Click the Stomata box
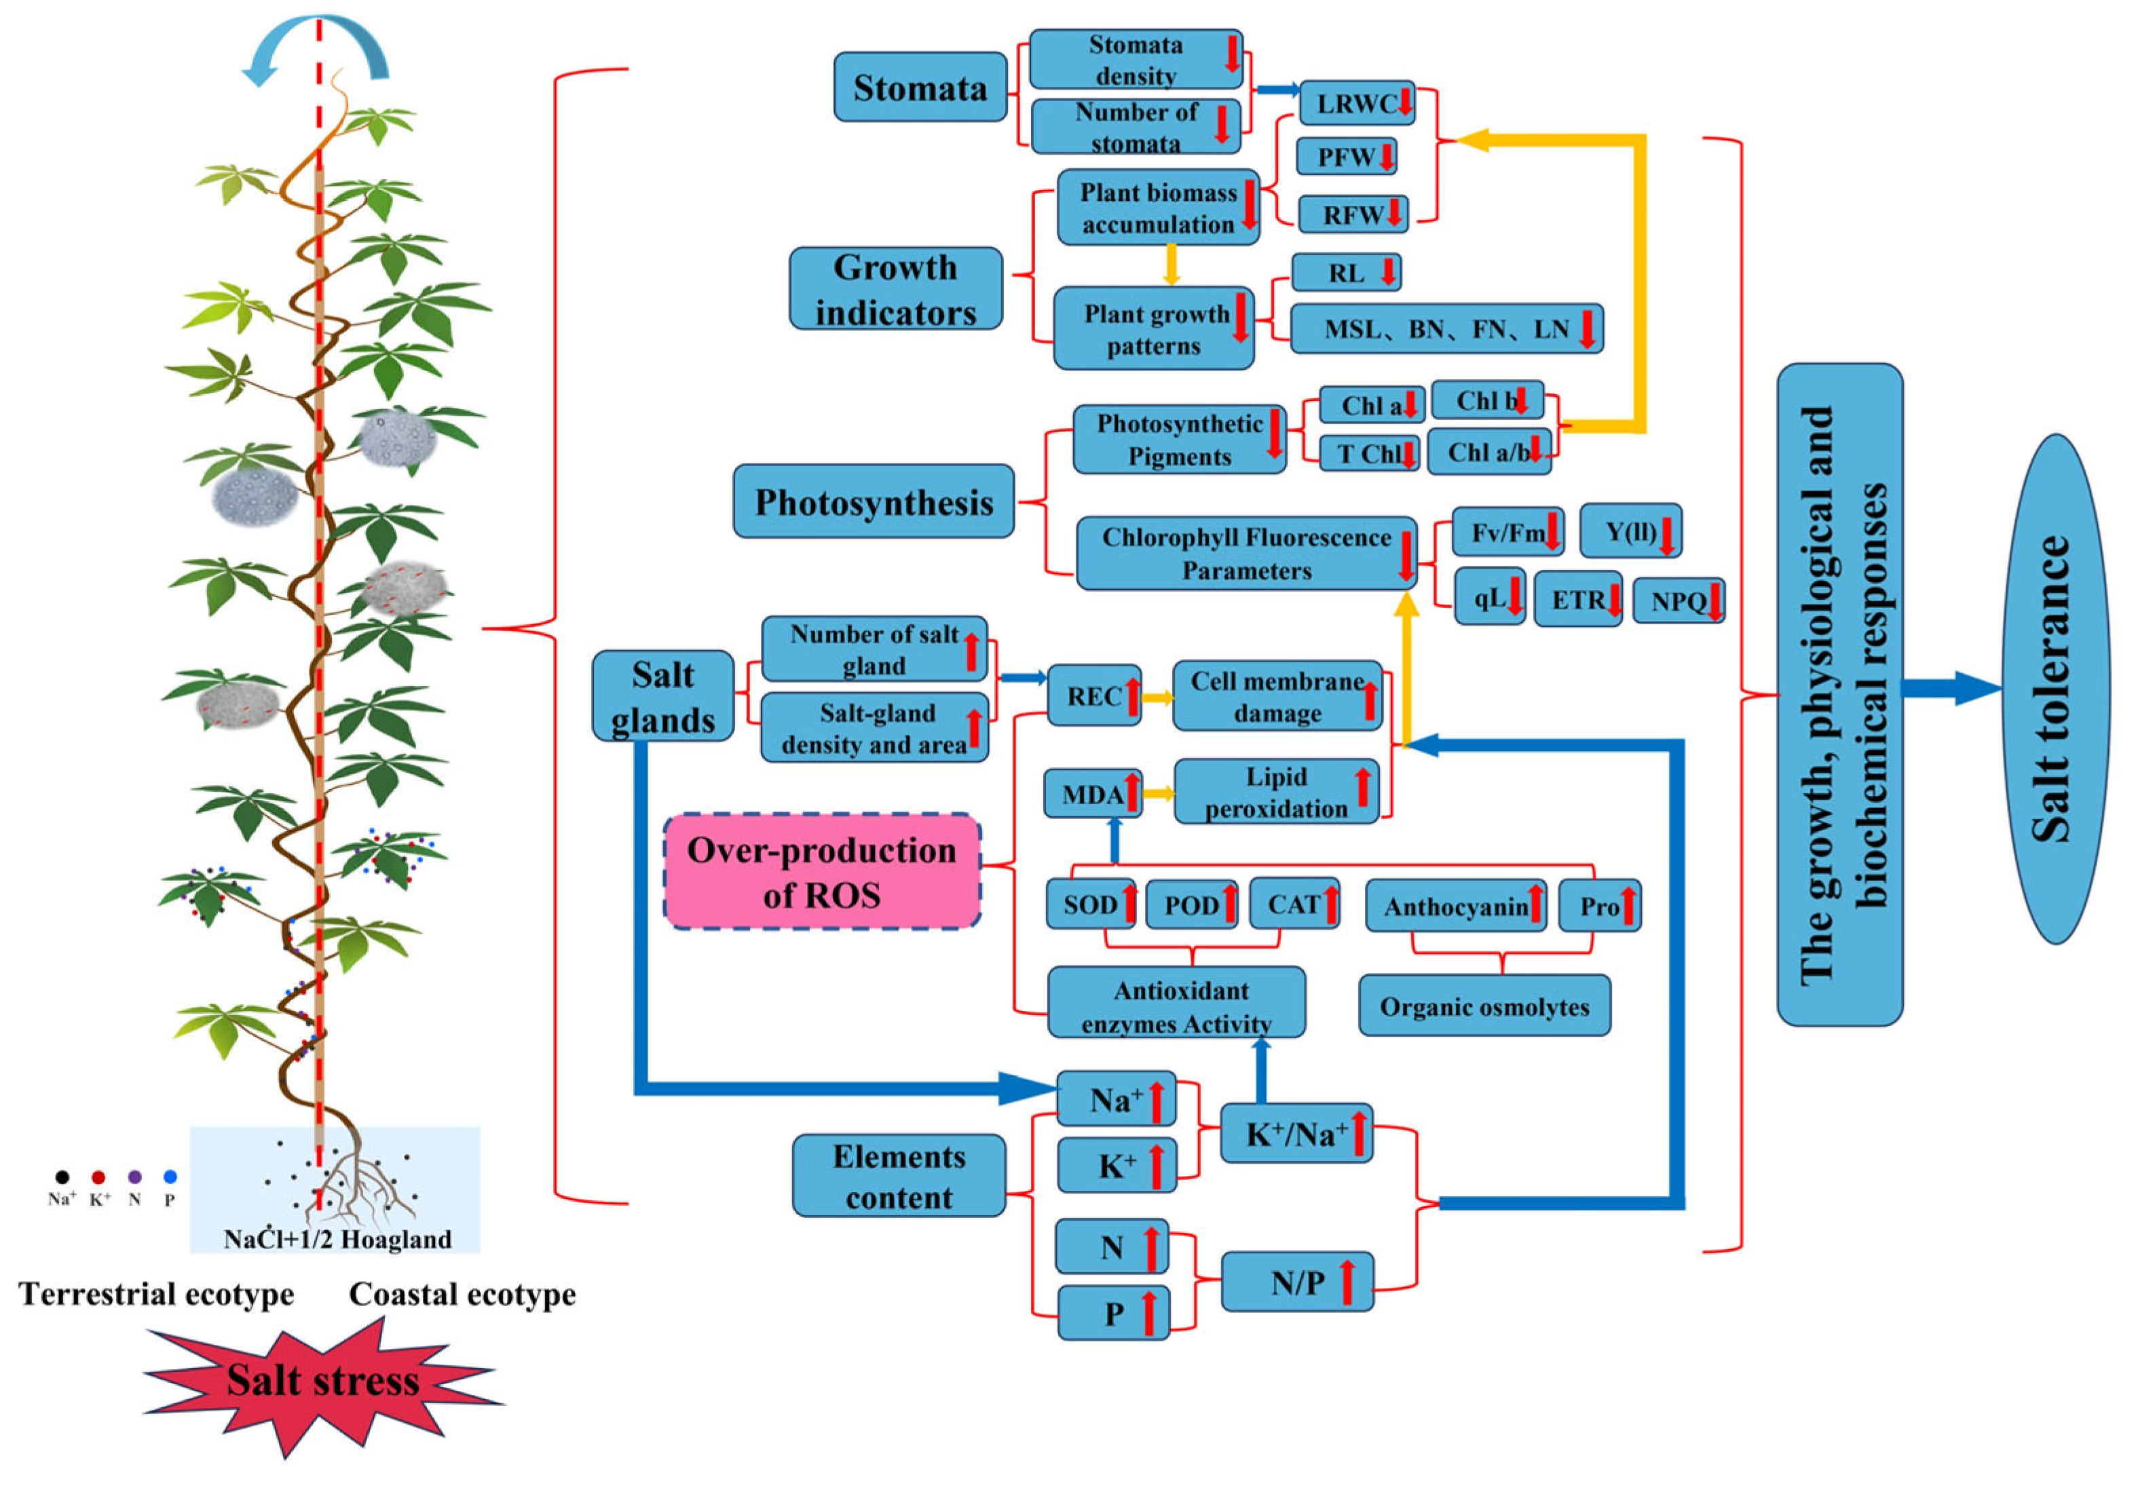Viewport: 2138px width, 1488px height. tap(919, 88)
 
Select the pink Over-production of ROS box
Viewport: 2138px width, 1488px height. tap(821, 872)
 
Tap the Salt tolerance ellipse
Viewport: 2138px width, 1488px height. tap(2055, 689)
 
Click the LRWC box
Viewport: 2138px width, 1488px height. tap(1356, 103)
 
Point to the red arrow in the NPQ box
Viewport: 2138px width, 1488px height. tap(1713, 600)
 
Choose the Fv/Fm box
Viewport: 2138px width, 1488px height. tap(1507, 532)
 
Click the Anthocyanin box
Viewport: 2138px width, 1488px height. tap(1455, 905)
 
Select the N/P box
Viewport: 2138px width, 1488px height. tap(1296, 1282)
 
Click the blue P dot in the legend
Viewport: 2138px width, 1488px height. tap(170, 1177)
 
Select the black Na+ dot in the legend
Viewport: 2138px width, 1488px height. tap(62, 1177)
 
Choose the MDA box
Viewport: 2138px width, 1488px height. tap(1092, 793)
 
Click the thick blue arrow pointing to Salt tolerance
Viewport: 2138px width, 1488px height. tap(1951, 689)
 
